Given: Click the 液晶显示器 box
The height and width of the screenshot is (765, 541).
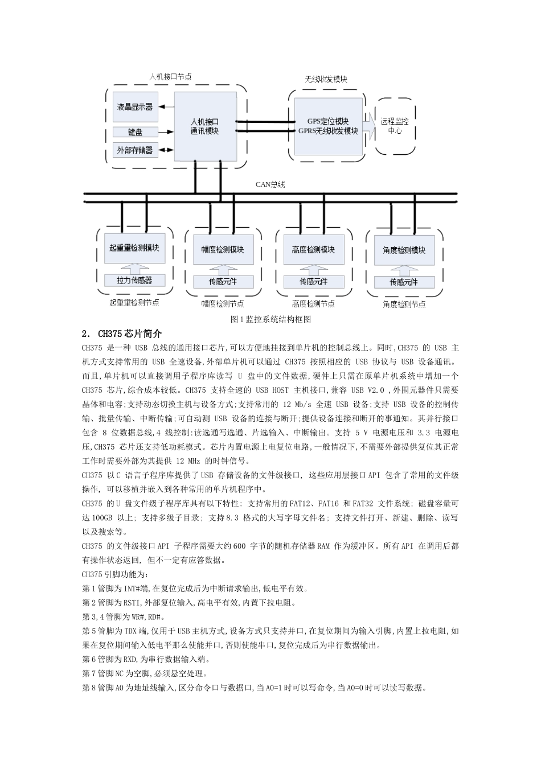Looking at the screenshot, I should click(135, 107).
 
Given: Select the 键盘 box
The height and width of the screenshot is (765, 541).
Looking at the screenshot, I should click(135, 132).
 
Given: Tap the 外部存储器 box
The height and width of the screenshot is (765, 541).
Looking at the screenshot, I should click(135, 150).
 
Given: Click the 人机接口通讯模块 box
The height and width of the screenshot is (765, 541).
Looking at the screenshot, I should click(205, 126).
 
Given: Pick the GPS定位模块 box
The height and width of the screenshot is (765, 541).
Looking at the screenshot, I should click(328, 126).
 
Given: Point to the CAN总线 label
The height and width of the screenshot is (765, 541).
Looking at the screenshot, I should click(270, 184).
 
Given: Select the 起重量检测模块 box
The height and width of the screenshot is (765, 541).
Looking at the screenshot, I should click(134, 248).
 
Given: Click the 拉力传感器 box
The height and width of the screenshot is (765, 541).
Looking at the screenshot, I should click(134, 280).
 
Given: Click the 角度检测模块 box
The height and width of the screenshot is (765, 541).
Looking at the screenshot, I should click(404, 250).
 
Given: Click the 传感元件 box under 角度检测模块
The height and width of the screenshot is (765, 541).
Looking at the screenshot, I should click(404, 282).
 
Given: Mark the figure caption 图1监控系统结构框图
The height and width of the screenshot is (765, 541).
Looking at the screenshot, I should click(270, 319).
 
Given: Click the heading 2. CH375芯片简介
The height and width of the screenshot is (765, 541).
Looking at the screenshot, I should click(122, 334).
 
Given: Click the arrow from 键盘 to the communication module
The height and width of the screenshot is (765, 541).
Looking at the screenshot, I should click(166, 132).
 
